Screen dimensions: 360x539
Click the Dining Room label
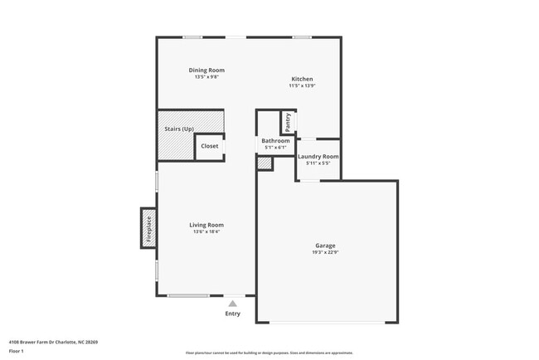(x=206, y=71)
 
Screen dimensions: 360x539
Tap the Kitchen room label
(x=302, y=79)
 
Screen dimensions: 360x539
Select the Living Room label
(x=206, y=225)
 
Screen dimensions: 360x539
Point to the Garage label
(x=325, y=246)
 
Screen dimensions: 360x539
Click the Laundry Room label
(x=318, y=156)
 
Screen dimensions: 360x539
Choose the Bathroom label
(x=275, y=141)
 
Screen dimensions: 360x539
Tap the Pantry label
(x=288, y=121)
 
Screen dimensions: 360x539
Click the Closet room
(x=210, y=146)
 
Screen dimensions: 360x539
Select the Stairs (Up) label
(x=179, y=129)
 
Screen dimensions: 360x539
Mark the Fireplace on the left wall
(x=149, y=227)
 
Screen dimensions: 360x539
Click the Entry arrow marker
(x=232, y=304)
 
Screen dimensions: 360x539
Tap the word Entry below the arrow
(x=232, y=314)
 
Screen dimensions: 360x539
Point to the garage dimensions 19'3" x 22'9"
(x=325, y=252)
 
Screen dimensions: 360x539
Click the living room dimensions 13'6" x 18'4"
(x=206, y=231)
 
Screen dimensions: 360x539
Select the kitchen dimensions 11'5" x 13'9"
(x=302, y=85)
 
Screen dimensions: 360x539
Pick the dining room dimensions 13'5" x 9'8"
(x=206, y=77)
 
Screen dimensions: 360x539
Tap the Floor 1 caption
(x=17, y=351)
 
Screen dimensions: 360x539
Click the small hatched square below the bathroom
(x=265, y=163)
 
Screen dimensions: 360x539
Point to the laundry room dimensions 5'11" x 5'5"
(x=318, y=163)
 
